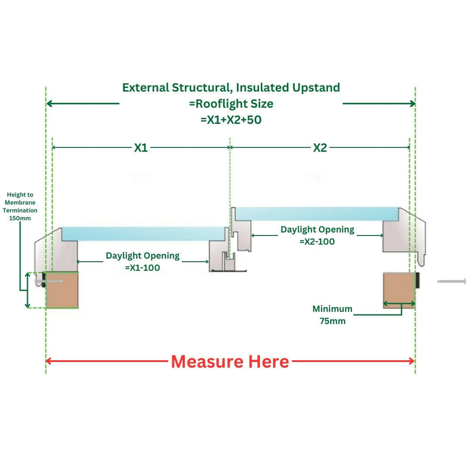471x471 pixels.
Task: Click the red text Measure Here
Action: tap(230, 362)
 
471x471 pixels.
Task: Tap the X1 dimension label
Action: tap(141, 148)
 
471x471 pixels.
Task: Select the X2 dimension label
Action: tap(320, 148)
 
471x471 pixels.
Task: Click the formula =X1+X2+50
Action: tap(231, 120)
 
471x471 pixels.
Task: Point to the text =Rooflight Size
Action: tap(231, 104)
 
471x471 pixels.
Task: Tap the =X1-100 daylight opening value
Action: tap(142, 268)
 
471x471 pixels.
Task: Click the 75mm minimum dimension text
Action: tap(333, 321)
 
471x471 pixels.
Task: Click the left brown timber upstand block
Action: tap(62, 291)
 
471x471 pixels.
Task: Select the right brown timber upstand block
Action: tap(399, 290)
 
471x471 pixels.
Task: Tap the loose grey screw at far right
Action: tap(452, 281)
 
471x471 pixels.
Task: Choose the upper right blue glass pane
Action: tap(316, 213)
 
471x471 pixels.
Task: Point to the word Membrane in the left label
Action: tap(20, 203)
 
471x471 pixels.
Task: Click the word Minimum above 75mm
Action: tap(332, 309)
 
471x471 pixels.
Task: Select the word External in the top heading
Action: tap(146, 88)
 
